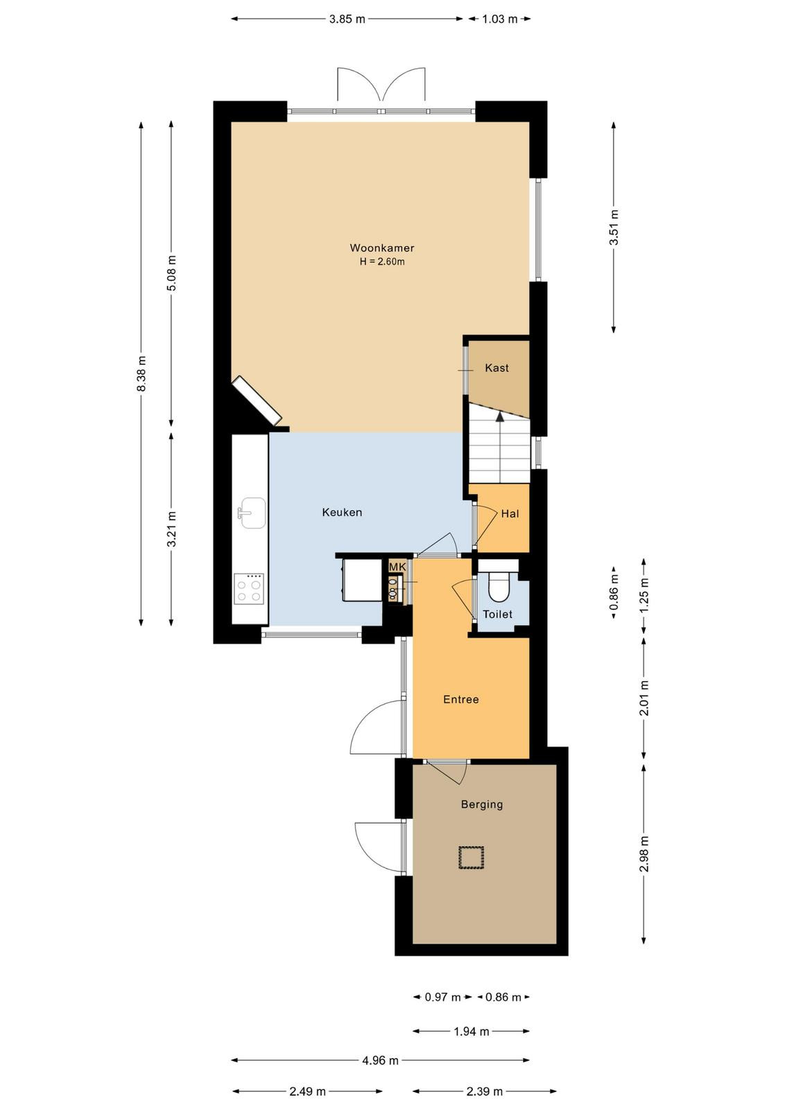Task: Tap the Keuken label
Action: (342, 513)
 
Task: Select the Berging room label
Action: (482, 804)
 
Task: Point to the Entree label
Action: (461, 699)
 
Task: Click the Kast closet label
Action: (497, 368)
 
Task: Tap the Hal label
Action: (510, 513)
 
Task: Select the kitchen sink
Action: (252, 513)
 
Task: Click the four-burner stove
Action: (249, 589)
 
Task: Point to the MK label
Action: (397, 566)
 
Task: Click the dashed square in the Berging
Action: (471, 857)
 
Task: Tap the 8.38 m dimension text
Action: (141, 374)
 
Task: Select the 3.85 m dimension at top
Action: (347, 19)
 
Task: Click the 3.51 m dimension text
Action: (614, 228)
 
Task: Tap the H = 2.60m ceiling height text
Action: (382, 262)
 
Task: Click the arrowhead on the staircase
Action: (500, 417)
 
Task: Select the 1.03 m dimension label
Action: (500, 19)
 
